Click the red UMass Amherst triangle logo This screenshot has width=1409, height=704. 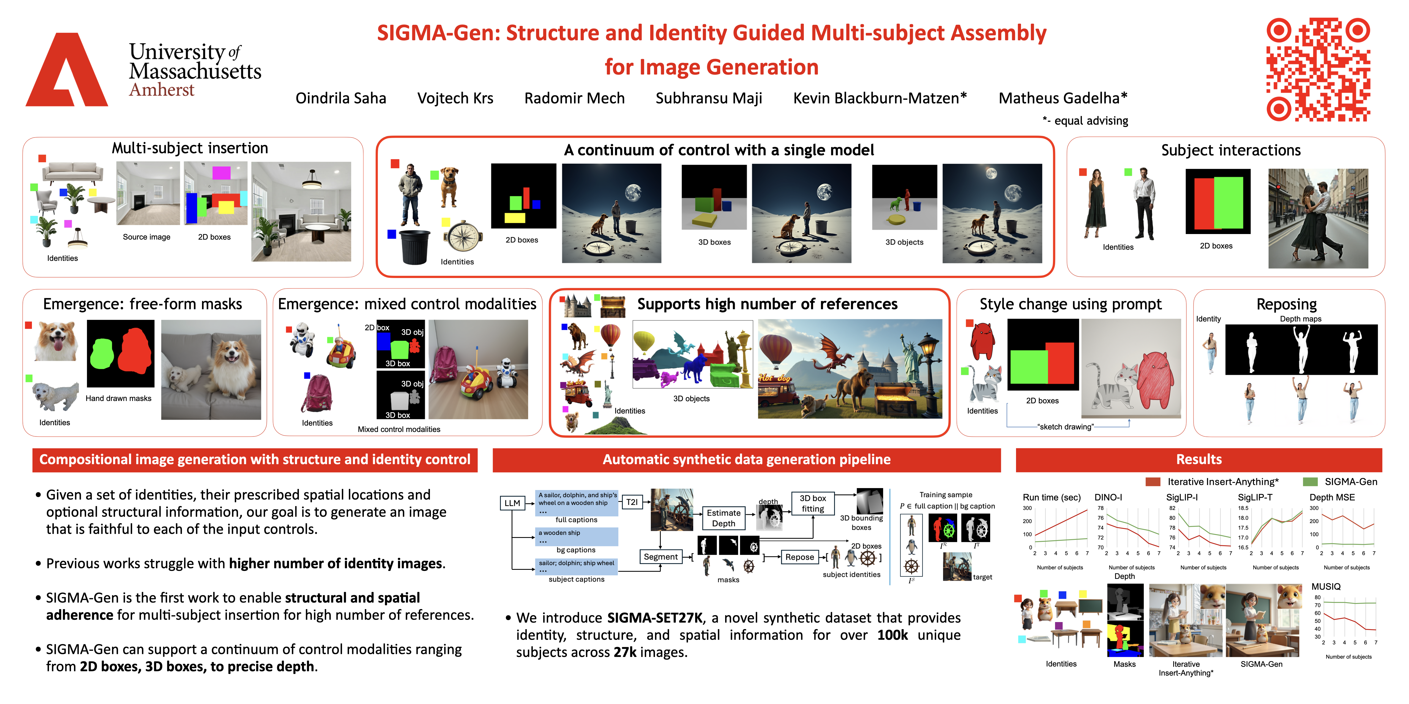tap(67, 71)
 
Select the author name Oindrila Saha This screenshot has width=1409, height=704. tap(341, 98)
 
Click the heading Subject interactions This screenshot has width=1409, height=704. tap(1231, 150)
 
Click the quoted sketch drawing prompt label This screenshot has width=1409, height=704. tap(1066, 427)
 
